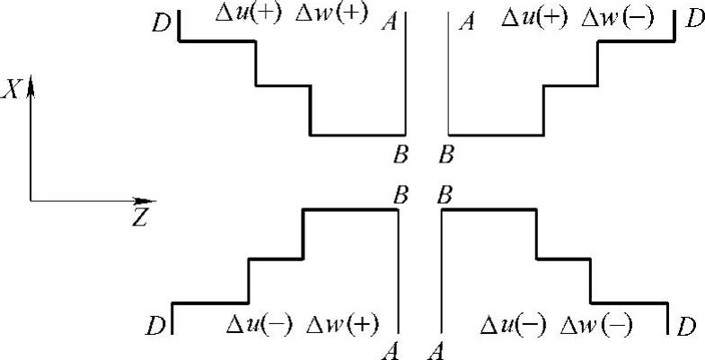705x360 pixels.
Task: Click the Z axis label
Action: pos(139,217)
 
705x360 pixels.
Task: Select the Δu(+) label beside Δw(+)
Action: pos(251,15)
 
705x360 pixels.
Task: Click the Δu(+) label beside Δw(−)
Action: pos(533,17)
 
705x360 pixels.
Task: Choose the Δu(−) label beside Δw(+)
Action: pos(257,324)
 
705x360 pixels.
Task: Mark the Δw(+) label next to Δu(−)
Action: pos(341,324)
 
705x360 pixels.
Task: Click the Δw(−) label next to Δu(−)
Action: pos(594,324)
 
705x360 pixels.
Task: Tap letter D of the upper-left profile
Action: pos(162,22)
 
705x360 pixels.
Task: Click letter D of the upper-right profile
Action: pos(692,19)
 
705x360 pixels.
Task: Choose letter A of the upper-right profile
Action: pos(465,20)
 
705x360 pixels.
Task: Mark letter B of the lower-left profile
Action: pos(401,192)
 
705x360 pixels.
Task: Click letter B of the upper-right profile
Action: pos(445,155)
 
